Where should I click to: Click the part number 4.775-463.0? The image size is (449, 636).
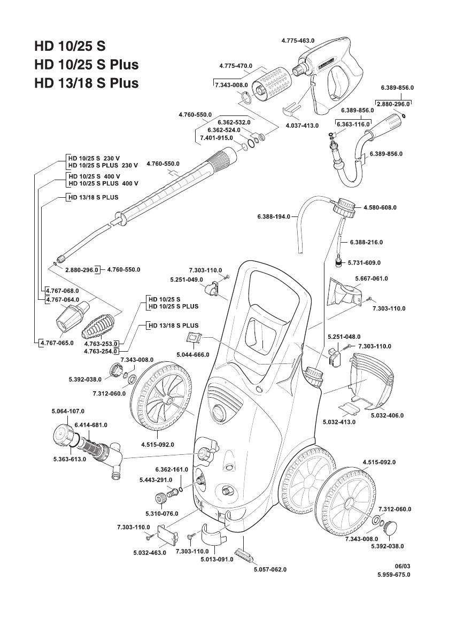pos(298,41)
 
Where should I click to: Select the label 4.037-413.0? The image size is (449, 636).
pos(301,125)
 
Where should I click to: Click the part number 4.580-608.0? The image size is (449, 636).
pos(380,207)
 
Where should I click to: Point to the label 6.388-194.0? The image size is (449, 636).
pos(273,217)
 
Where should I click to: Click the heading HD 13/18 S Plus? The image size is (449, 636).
pos(86,83)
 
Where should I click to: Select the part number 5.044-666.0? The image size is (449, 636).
pos(192,354)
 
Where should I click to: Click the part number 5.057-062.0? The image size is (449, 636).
pos(270,569)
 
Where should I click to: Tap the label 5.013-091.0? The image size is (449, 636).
pos(216,560)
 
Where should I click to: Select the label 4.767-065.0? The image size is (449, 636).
pos(57,342)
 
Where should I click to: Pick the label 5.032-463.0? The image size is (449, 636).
pos(150,552)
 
